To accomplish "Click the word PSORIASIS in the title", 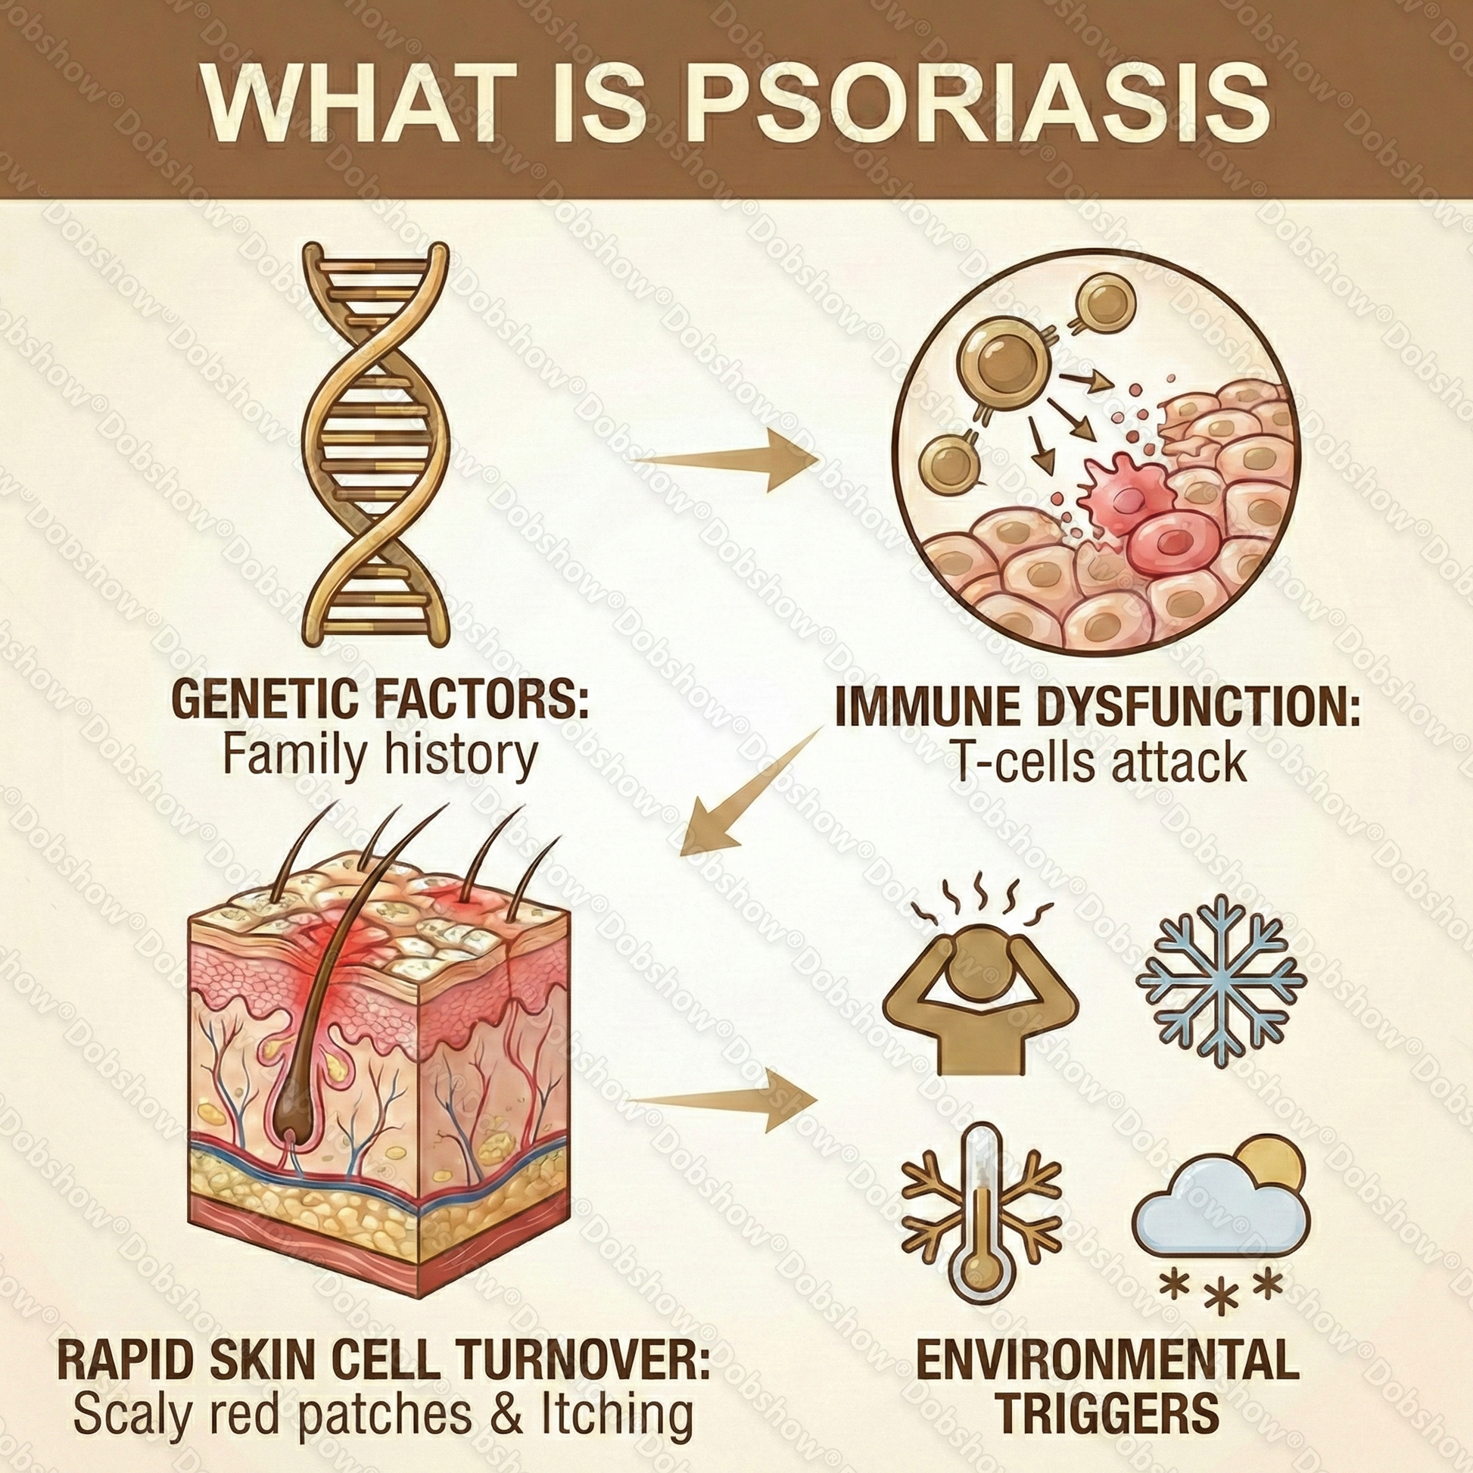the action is pos(978,104).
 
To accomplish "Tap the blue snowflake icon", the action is pos(1221,980).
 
